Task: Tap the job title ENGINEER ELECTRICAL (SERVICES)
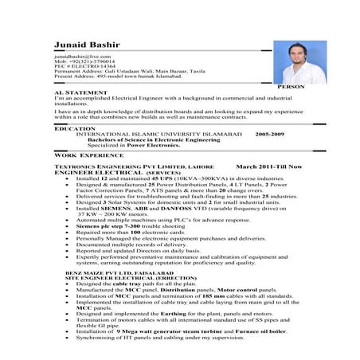(x=104, y=171)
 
